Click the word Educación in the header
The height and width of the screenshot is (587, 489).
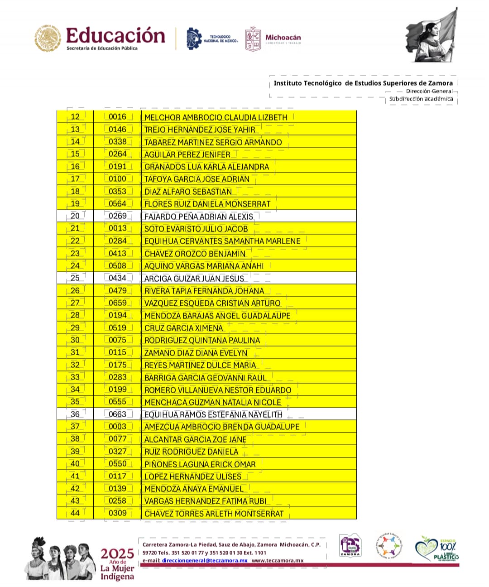click(x=115, y=35)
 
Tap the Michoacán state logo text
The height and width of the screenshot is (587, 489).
click(x=283, y=38)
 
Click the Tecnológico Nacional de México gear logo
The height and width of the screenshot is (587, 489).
click(x=194, y=38)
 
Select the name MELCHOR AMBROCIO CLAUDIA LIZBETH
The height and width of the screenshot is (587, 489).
click(x=216, y=117)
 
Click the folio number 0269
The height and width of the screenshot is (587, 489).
click(x=117, y=216)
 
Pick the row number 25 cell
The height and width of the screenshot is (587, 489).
click(x=75, y=278)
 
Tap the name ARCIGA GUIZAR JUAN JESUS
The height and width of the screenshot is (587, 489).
click(x=194, y=279)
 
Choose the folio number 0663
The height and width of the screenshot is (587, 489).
click(x=117, y=414)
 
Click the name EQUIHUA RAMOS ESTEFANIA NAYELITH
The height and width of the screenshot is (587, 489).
click(x=213, y=414)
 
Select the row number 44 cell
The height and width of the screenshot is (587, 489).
click(x=75, y=513)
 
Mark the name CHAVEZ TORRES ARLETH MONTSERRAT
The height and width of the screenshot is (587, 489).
click(x=214, y=514)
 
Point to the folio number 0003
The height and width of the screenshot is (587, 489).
click(x=117, y=426)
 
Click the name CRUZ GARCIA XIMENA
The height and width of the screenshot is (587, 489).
click(x=183, y=328)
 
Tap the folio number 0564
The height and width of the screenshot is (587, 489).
click(x=117, y=204)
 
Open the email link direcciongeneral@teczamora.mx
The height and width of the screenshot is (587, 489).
click(x=205, y=560)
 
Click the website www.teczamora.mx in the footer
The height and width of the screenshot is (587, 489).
click(x=277, y=560)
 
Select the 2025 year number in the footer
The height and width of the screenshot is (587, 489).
click(x=117, y=553)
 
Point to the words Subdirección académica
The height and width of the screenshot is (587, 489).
click(x=421, y=99)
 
